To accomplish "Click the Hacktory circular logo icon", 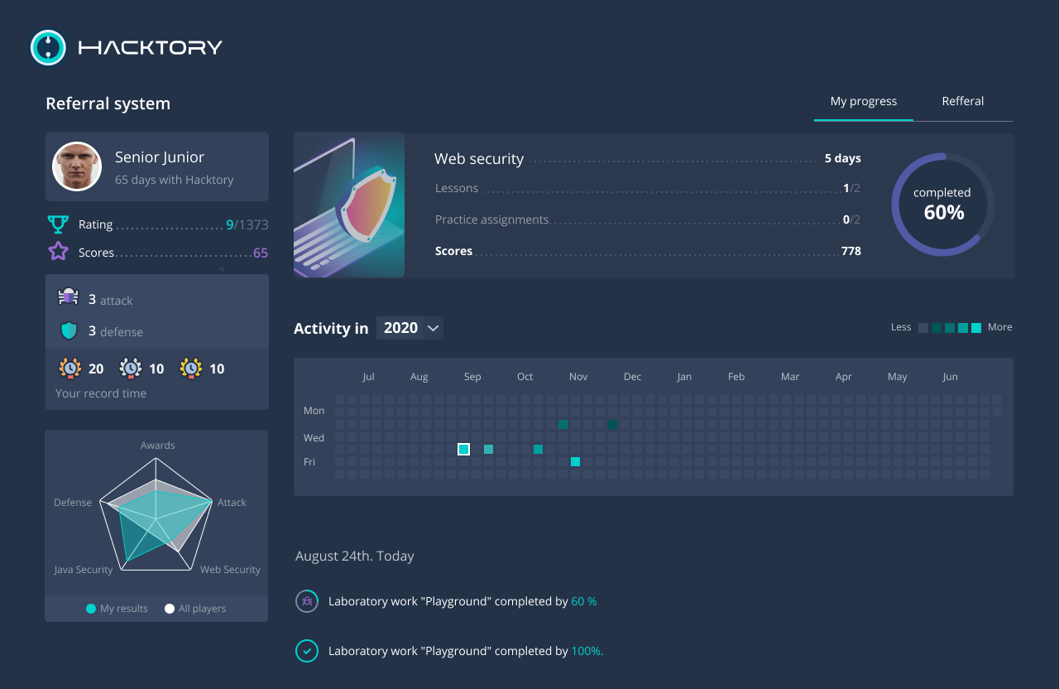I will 48,47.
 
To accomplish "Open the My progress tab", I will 863,101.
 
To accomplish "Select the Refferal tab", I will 962,101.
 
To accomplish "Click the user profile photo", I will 77,166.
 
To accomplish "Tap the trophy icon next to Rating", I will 58,224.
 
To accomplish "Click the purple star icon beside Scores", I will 58,252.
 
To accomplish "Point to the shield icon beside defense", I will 69,331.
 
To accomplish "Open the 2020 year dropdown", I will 410,328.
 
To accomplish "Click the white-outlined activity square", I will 464,449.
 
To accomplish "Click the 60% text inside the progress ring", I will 943,213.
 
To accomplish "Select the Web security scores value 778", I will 851,251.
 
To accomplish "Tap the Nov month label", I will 578,377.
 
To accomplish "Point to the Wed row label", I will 314,437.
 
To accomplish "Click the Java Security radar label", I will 83,570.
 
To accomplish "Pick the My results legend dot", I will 91,609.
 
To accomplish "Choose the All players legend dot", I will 170,609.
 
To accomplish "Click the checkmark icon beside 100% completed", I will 307,651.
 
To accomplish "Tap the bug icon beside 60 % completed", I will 307,601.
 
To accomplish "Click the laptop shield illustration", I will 349,205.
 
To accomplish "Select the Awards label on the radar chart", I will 157,446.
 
